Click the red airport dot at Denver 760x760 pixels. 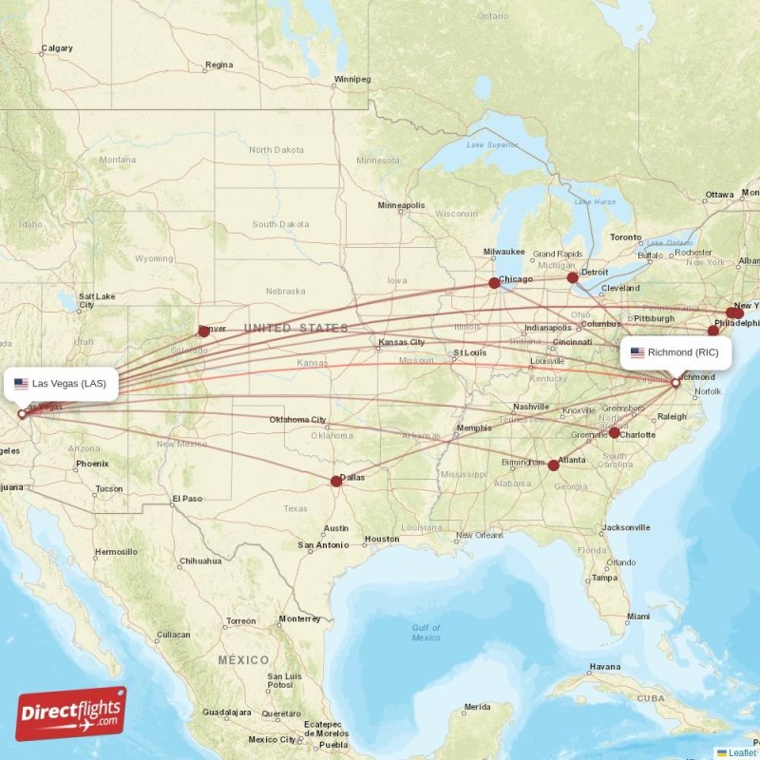click(203, 331)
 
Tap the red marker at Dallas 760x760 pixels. click(336, 481)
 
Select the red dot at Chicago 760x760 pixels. click(494, 282)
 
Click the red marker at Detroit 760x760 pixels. click(572, 277)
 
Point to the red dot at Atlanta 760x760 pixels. click(554, 465)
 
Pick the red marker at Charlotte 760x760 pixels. click(614, 432)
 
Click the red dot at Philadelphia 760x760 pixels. click(713, 331)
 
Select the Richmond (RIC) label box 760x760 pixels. click(676, 352)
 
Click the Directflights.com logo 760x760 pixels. click(70, 713)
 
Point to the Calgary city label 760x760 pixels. click(56, 48)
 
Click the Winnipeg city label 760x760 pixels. click(352, 79)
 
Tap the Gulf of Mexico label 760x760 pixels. click(426, 632)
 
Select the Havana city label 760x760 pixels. click(604, 666)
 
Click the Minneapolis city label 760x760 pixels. click(401, 205)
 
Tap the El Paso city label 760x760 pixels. click(186, 498)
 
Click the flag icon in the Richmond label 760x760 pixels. click(637, 352)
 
